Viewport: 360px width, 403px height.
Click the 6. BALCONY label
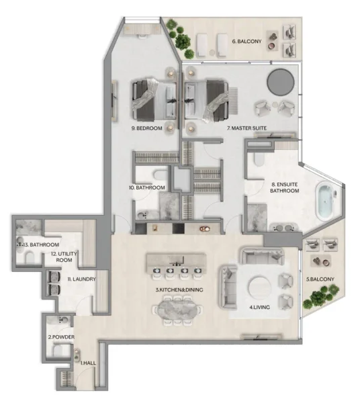pos(246,42)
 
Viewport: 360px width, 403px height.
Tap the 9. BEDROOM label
pos(148,127)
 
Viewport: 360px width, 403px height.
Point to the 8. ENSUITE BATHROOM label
pos(284,187)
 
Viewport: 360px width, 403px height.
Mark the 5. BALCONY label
pos(320,279)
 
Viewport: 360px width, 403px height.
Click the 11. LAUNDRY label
pos(81,279)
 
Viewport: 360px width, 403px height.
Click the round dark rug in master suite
pos(280,83)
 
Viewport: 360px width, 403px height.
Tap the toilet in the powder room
pos(59,351)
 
